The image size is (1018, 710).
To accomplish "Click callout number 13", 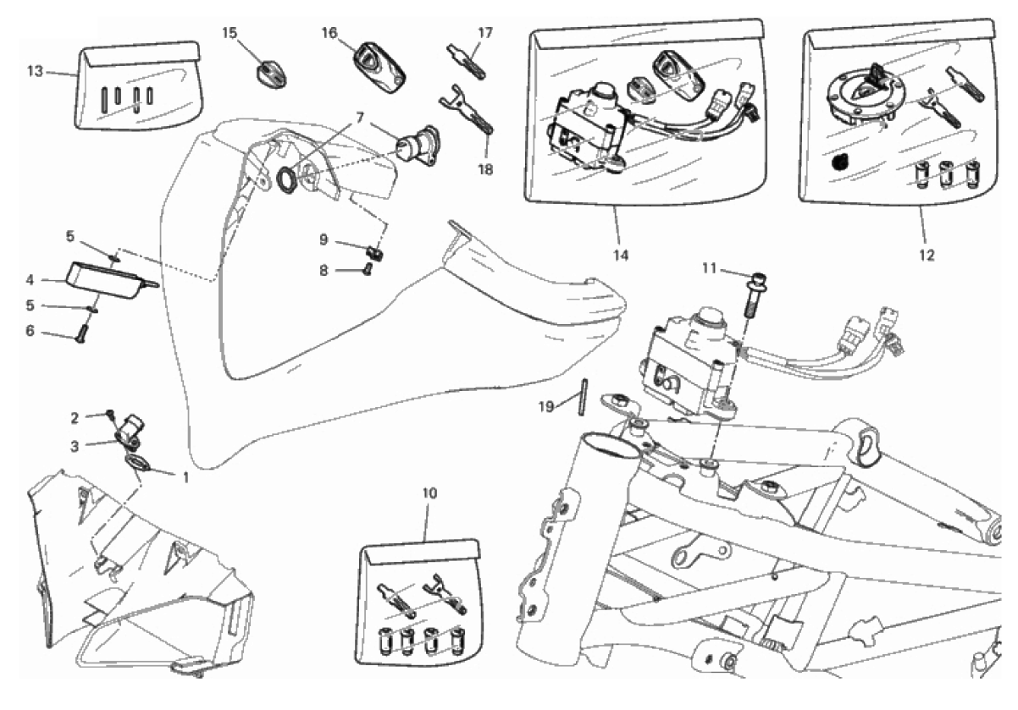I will (x=35, y=71).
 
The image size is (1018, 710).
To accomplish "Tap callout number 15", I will (x=230, y=33).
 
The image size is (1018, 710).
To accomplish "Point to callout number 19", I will (x=547, y=406).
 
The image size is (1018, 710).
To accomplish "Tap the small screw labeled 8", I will (x=368, y=271).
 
